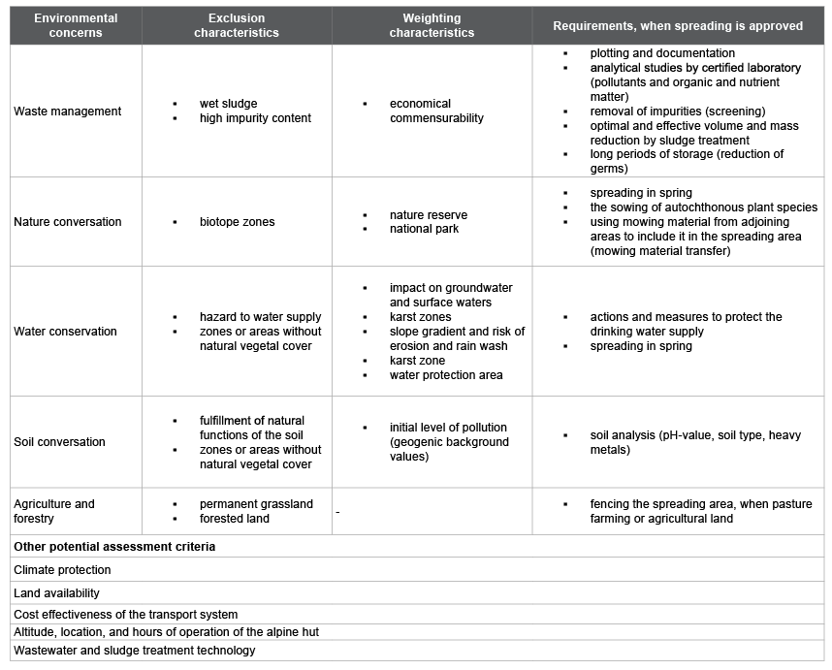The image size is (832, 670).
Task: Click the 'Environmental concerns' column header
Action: coord(76,25)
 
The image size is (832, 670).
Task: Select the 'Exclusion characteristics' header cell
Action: coord(236,25)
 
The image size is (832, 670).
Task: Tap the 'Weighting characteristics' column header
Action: coord(432,25)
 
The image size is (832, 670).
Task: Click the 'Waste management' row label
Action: coord(68,112)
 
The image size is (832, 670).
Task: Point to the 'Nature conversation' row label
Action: coord(68,222)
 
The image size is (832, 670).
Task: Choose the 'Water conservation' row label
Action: coord(65,332)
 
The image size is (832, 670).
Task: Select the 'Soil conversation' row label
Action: coord(60,442)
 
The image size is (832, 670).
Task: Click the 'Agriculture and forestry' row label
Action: coord(54,511)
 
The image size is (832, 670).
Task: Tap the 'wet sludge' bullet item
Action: coord(229,104)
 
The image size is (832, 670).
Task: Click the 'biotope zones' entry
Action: coord(237,222)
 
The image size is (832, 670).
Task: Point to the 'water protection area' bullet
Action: coord(446,375)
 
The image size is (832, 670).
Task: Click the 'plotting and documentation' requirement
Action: coord(662,53)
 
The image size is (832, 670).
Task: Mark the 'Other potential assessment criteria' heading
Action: coord(114,547)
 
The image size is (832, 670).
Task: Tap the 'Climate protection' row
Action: coord(63,570)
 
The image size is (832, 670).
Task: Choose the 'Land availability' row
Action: coord(57,593)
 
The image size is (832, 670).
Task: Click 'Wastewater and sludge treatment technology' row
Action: coord(135,651)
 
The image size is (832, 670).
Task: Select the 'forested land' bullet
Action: coord(235,519)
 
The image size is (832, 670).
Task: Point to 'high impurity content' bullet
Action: coord(255,118)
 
